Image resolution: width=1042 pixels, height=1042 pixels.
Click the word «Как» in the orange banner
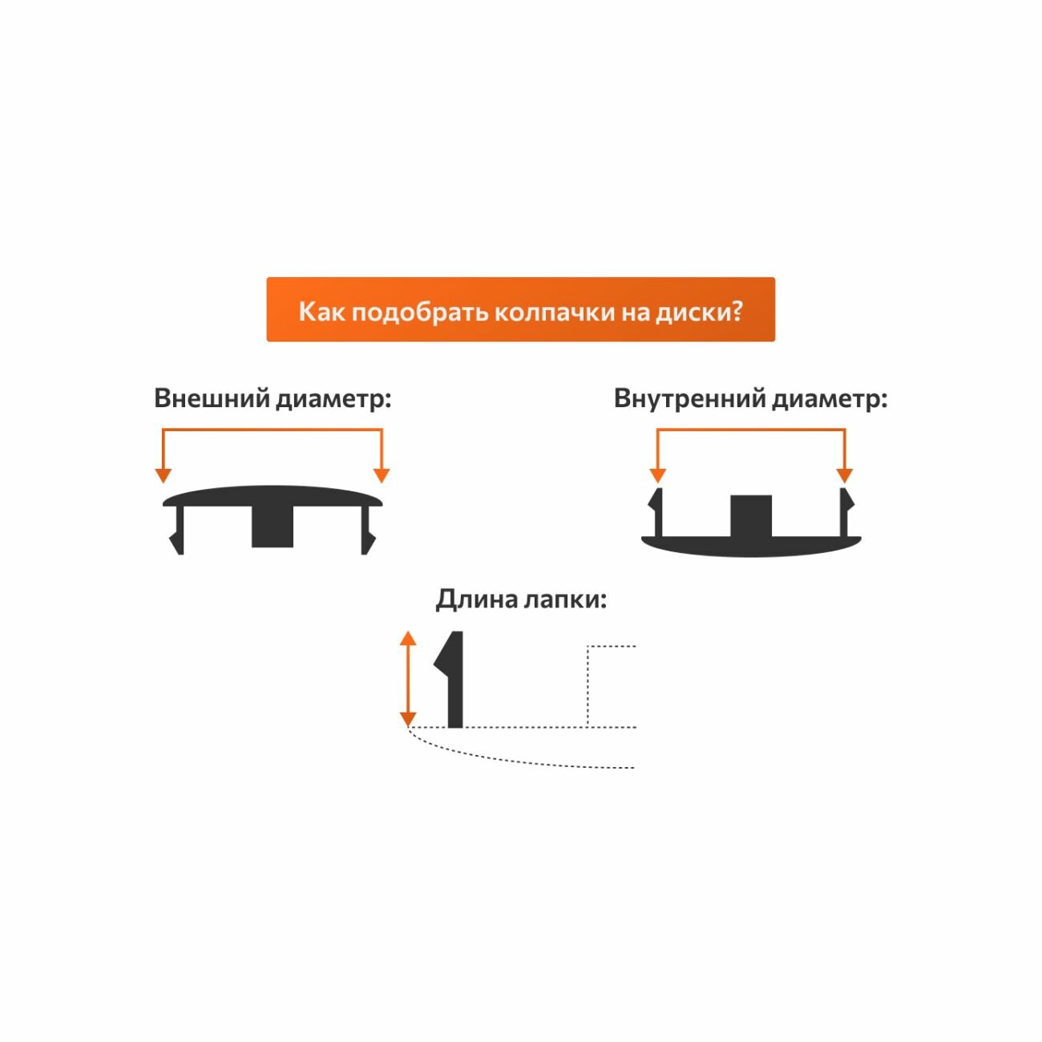pyautogui.click(x=321, y=311)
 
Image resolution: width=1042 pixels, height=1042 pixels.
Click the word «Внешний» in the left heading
pyautogui.click(x=211, y=398)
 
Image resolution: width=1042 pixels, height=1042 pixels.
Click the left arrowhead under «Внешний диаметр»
pyautogui.click(x=164, y=475)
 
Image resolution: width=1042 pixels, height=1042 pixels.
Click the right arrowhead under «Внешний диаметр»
pyautogui.click(x=382, y=475)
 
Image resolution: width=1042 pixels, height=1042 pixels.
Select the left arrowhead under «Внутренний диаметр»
pyautogui.click(x=658, y=475)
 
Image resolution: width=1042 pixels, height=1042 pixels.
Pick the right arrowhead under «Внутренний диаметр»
pyautogui.click(x=844, y=475)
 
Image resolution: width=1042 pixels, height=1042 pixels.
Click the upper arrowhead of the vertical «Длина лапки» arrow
pyautogui.click(x=408, y=639)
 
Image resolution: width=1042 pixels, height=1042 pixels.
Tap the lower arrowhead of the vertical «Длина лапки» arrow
pyautogui.click(x=408, y=718)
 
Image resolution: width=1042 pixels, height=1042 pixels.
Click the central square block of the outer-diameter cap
pyautogui.click(x=273, y=527)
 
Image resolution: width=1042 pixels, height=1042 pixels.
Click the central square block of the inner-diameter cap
pyautogui.click(x=751, y=516)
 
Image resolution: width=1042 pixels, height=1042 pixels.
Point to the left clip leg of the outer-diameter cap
pyautogui.click(x=177, y=533)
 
